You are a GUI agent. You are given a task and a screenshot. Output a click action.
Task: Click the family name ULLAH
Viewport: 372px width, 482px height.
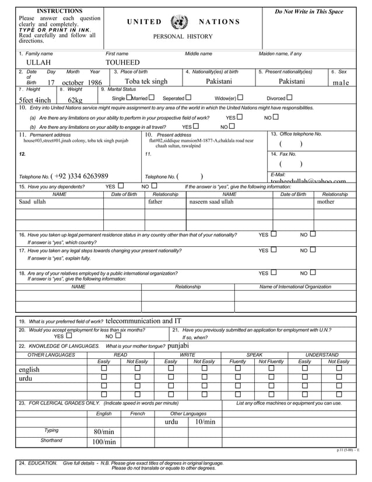(x=38, y=63)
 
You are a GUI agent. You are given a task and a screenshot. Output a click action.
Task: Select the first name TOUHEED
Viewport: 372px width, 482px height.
(x=122, y=63)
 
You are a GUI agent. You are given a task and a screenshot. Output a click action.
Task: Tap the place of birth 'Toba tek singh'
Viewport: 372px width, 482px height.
(x=146, y=82)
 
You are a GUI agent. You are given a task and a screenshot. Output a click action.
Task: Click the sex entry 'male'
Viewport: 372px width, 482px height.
(x=341, y=83)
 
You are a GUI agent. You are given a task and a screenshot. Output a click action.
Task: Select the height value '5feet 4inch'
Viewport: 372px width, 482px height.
(x=34, y=100)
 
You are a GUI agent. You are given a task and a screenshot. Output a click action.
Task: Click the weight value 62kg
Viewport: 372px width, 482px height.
(x=75, y=100)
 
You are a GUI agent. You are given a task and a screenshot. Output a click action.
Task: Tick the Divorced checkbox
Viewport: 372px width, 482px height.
(x=289, y=97)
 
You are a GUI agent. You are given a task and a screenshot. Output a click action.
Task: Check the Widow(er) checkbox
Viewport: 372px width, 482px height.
(x=240, y=97)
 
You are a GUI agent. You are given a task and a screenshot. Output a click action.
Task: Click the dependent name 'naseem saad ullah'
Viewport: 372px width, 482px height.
(x=211, y=202)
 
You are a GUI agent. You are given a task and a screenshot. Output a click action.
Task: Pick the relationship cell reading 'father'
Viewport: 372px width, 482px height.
(x=155, y=202)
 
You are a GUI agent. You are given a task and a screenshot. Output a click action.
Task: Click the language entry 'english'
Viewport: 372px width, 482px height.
(x=29, y=369)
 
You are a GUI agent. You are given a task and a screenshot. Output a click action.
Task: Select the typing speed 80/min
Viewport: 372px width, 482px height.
(x=105, y=432)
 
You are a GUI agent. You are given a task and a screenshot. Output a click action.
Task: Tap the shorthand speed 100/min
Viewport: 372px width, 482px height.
(x=105, y=442)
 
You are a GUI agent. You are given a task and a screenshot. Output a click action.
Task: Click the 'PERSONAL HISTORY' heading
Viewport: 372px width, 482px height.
(x=184, y=37)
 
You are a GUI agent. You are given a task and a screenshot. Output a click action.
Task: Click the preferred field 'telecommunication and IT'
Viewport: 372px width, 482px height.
(x=143, y=321)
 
